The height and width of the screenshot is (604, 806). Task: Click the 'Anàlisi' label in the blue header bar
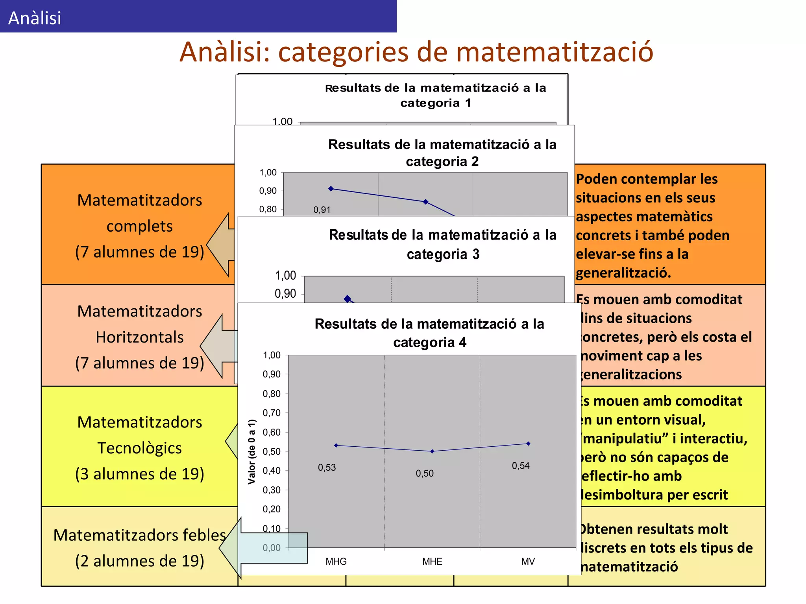pyautogui.click(x=35, y=18)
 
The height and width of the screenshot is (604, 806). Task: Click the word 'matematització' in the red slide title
pyautogui.click(x=555, y=52)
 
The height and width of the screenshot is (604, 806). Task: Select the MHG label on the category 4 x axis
pyautogui.click(x=336, y=562)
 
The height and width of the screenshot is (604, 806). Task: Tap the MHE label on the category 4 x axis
pyautogui.click(x=432, y=562)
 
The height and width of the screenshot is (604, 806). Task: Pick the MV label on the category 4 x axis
pyautogui.click(x=528, y=562)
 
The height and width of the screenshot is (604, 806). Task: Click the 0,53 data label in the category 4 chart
pyautogui.click(x=327, y=468)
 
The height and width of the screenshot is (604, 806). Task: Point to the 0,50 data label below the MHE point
pyautogui.click(x=425, y=473)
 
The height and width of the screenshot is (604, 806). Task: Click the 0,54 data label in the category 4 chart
pyautogui.click(x=521, y=466)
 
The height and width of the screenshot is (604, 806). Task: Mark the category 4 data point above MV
pyautogui.click(x=528, y=444)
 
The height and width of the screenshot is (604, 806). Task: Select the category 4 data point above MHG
pyautogui.click(x=336, y=446)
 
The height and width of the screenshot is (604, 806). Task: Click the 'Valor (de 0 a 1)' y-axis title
pyautogui.click(x=252, y=451)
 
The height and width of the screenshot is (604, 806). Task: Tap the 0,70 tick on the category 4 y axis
pyautogui.click(x=272, y=413)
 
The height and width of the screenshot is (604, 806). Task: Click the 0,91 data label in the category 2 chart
pyautogui.click(x=322, y=210)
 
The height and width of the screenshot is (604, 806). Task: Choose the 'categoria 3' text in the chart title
pyautogui.click(x=443, y=254)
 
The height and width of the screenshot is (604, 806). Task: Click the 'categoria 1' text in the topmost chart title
pyautogui.click(x=436, y=103)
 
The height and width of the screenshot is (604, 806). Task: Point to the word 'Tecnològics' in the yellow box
pyautogui.click(x=139, y=448)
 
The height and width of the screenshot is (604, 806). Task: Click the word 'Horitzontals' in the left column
pyautogui.click(x=139, y=337)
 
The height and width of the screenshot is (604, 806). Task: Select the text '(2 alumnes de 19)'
pyautogui.click(x=139, y=561)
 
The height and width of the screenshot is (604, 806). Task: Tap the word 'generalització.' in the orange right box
pyautogui.click(x=623, y=273)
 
